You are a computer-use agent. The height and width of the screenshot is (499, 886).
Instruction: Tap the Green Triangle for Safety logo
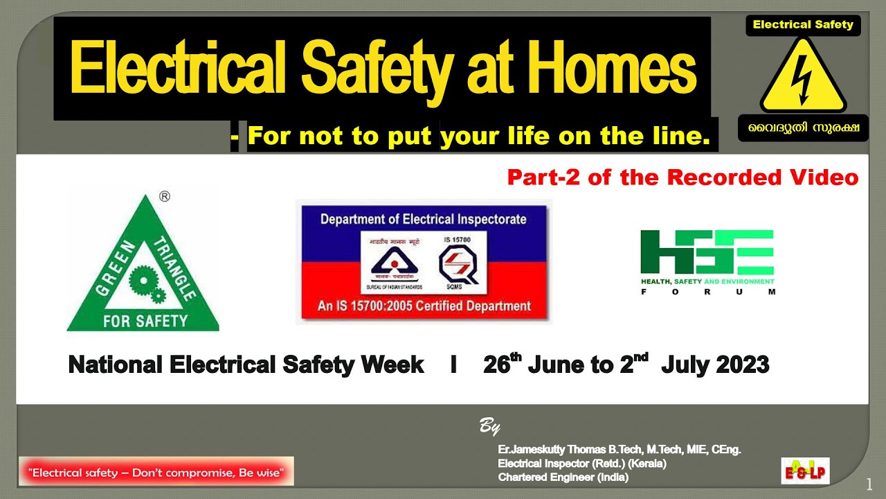coord(143,270)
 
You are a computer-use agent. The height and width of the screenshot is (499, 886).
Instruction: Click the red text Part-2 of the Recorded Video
coord(682,177)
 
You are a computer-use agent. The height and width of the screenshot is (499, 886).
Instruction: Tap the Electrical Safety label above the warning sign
coord(803,25)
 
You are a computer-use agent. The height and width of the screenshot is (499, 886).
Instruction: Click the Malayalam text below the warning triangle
coord(803,129)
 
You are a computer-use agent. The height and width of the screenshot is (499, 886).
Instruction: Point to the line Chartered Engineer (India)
coord(563,478)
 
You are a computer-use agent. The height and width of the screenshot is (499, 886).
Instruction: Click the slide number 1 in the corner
coord(869,482)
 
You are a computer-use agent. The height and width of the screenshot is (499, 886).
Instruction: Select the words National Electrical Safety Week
coord(246,365)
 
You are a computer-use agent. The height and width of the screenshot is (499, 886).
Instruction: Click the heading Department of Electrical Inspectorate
coord(423,220)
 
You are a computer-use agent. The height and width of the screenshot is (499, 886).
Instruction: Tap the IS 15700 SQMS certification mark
coord(458,262)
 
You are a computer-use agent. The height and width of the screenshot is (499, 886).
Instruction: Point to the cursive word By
coord(490,426)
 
